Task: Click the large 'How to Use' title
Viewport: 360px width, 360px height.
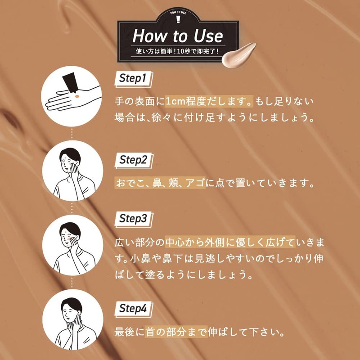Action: (x=177, y=36)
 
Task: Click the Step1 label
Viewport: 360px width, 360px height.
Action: (x=133, y=78)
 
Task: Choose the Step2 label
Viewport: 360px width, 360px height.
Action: (x=133, y=160)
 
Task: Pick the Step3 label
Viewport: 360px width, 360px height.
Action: (x=133, y=219)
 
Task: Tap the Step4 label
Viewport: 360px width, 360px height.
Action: (x=133, y=309)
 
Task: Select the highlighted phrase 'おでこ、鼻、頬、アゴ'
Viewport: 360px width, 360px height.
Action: (x=160, y=184)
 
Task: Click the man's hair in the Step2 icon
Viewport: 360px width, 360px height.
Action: (x=72, y=153)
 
